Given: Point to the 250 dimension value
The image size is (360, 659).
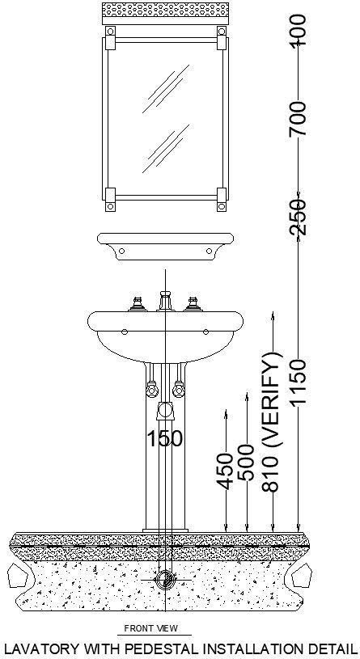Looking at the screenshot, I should [x=299, y=216].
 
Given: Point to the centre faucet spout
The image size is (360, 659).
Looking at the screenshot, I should [x=165, y=302].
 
